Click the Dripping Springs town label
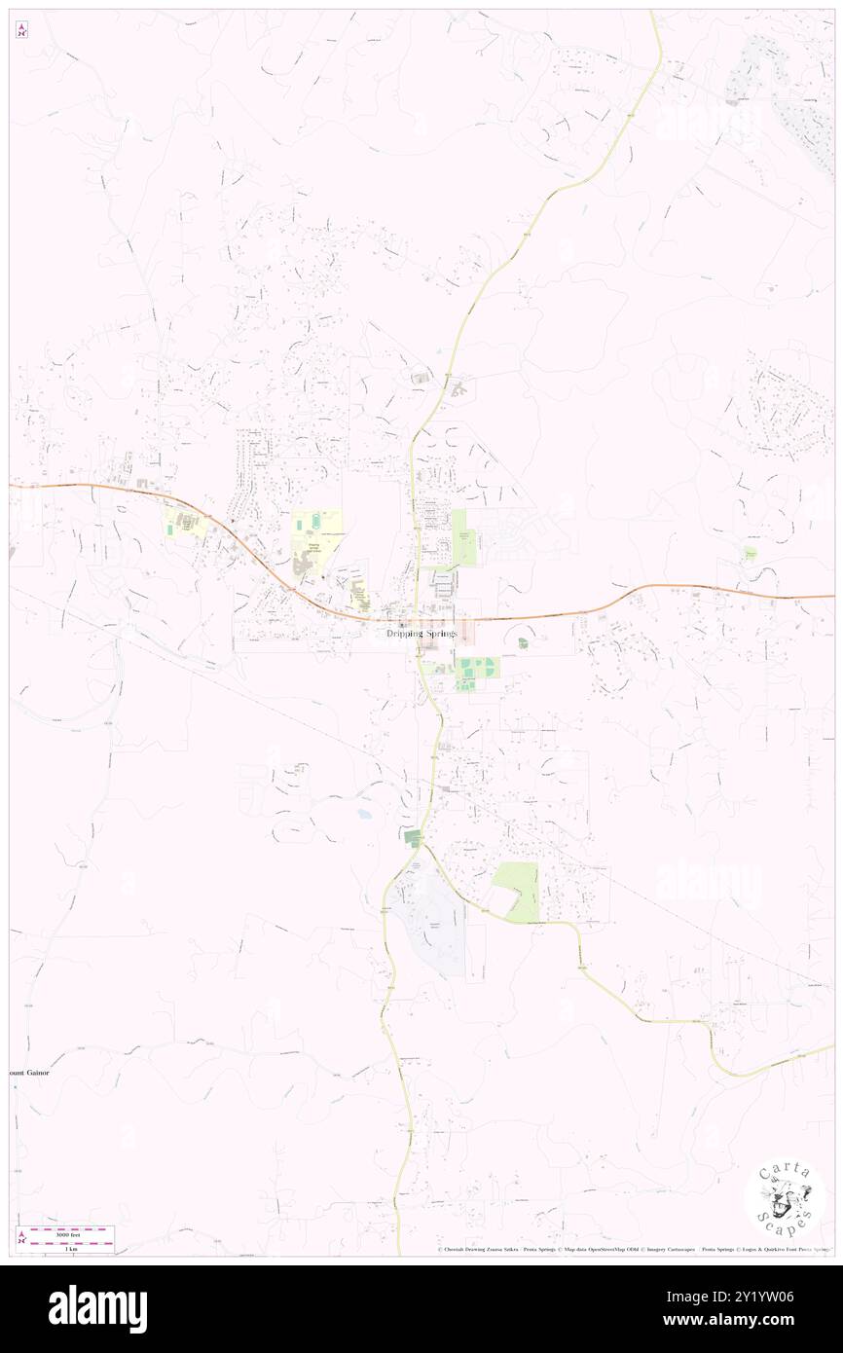point(421,634)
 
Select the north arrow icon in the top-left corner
point(21,30)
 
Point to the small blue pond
point(364,813)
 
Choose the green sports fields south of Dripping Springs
point(476,670)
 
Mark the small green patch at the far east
point(751,552)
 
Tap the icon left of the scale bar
point(21,1238)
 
